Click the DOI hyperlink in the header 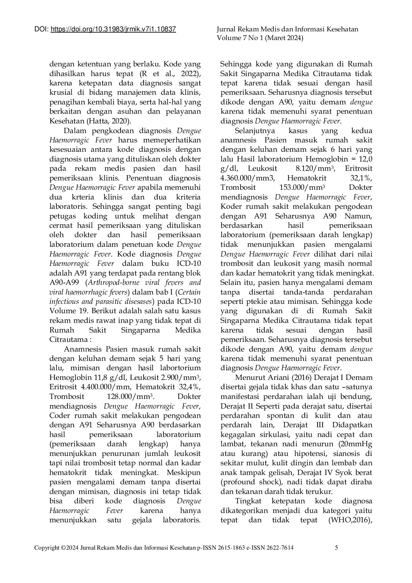point(113,30)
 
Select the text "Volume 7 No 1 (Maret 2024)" point(260,38)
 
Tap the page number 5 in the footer point(336,547)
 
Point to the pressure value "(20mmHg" point(354,444)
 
